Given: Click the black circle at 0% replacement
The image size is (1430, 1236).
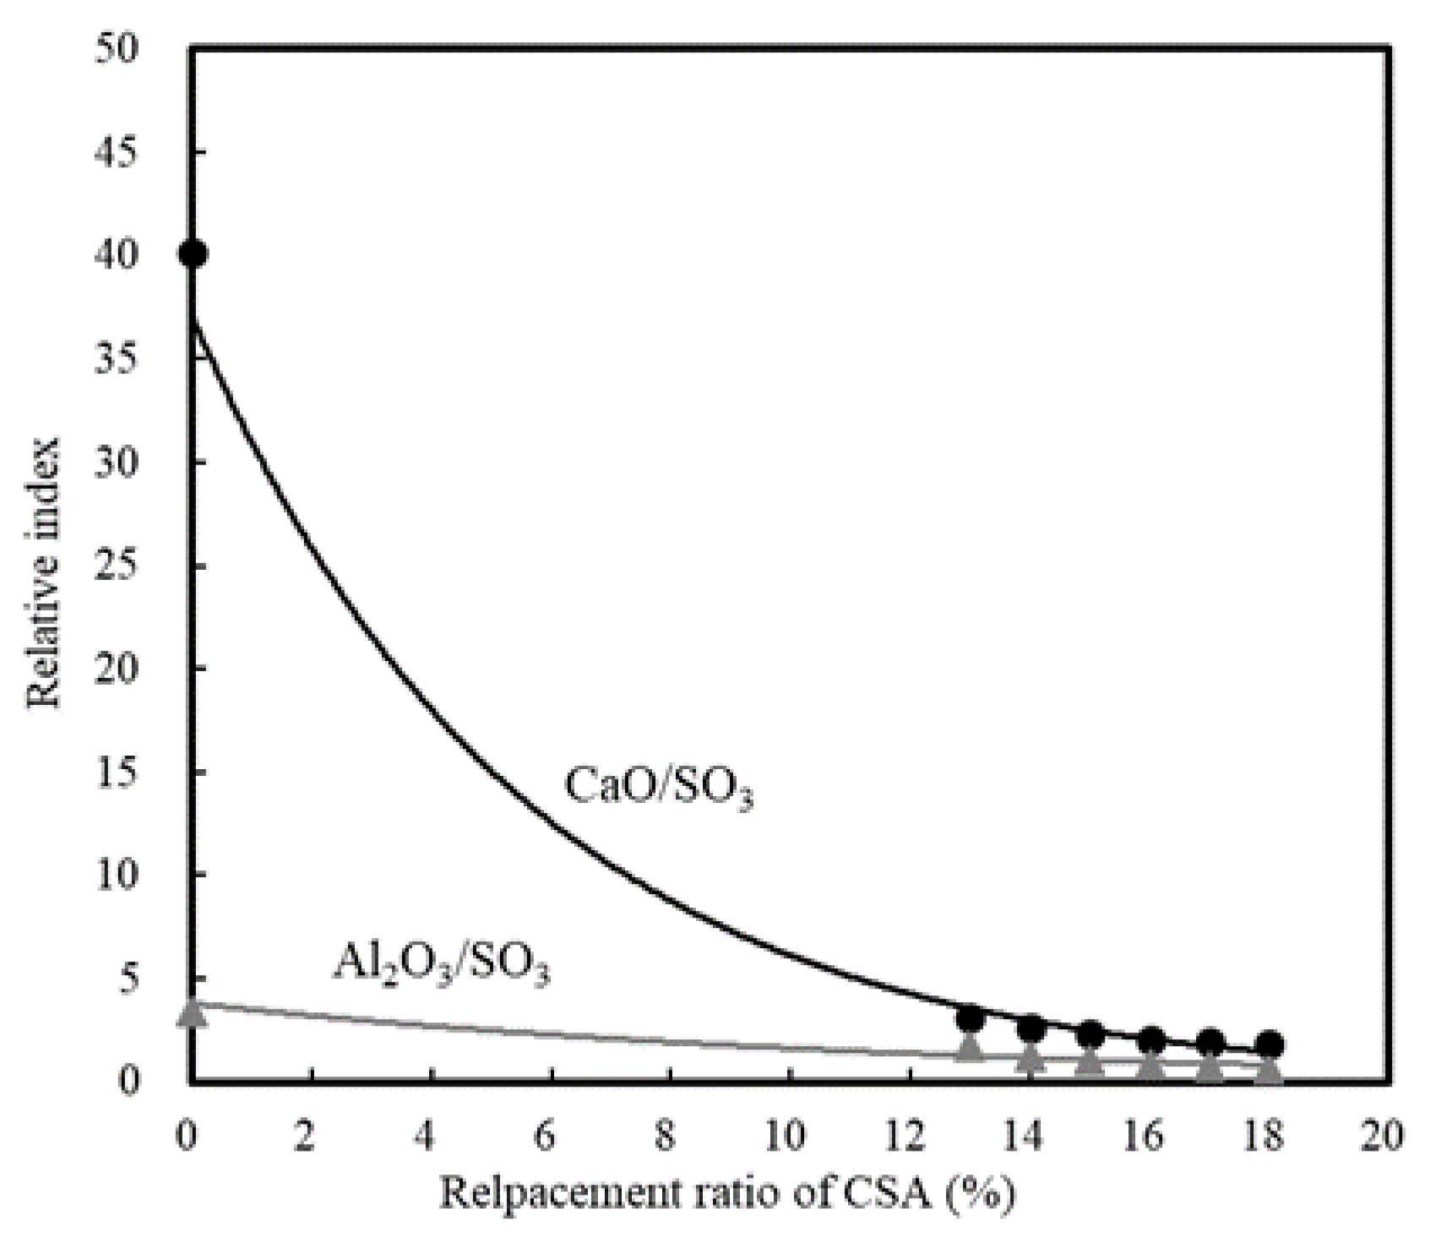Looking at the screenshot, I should (x=193, y=254).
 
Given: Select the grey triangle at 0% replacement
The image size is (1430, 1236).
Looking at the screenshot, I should (x=193, y=1011).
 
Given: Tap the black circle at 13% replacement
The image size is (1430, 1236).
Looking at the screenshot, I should (x=971, y=1019).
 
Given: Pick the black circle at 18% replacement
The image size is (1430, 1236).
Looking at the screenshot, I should (x=1270, y=1045).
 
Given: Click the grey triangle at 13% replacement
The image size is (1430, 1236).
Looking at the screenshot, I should (x=970, y=1048).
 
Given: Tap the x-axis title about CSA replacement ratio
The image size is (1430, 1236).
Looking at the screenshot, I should (x=726, y=1193).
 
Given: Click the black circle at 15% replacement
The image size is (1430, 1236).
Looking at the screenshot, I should (x=1090, y=1033).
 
